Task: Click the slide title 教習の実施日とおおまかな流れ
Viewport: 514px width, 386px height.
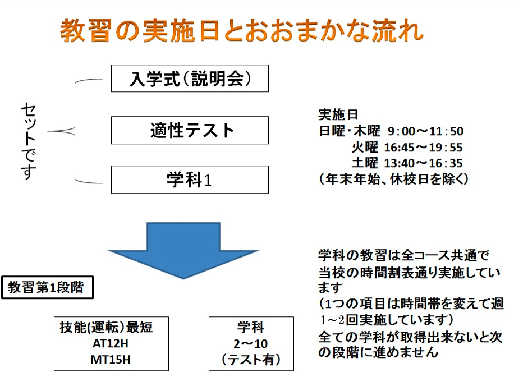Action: (x=242, y=30)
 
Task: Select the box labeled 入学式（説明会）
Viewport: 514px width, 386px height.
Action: (x=190, y=79)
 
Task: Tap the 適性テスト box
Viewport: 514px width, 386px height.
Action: (x=190, y=130)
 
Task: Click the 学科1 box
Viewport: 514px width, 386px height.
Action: (x=190, y=180)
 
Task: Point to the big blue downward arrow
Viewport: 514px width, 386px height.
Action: (x=183, y=251)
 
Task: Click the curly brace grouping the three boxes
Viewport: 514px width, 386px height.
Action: (x=75, y=131)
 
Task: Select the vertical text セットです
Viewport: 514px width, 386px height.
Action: (x=29, y=141)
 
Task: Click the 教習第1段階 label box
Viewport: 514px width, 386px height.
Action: (x=47, y=287)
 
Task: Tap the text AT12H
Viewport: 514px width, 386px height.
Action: (x=111, y=343)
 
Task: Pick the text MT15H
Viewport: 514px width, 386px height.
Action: (x=111, y=360)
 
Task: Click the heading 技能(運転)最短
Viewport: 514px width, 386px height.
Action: (x=106, y=327)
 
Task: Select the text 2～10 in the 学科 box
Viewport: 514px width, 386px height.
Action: (x=251, y=344)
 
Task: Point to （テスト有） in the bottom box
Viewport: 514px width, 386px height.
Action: (x=251, y=360)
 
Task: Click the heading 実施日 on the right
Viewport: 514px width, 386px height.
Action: (x=338, y=114)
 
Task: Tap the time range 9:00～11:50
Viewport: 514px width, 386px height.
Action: (x=425, y=131)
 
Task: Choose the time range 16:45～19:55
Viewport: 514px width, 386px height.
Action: (x=423, y=148)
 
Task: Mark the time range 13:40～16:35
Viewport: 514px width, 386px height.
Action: (x=423, y=163)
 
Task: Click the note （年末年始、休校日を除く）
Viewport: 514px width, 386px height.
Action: (x=393, y=179)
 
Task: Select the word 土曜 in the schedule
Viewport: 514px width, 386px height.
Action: (x=365, y=163)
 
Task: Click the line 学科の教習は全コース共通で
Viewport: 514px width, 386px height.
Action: (x=404, y=255)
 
